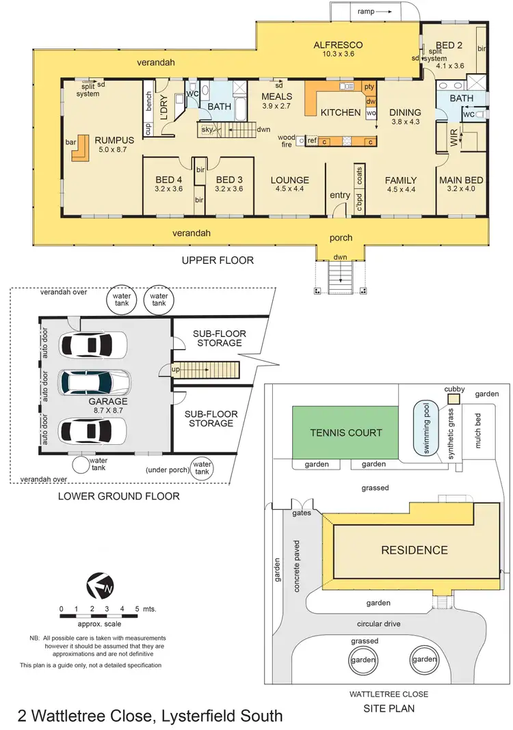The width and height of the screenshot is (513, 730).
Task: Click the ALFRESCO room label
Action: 338,45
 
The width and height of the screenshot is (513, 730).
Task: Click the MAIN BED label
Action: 461,180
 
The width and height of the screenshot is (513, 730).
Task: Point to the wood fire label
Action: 287,141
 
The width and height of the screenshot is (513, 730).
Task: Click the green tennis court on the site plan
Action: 345,432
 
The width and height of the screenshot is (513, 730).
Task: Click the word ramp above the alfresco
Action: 366,11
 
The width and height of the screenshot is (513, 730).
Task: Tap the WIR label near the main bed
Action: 453,139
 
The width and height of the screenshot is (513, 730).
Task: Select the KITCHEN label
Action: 340,112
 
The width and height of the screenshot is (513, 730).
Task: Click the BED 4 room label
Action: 169,180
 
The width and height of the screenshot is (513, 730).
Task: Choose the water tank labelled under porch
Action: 202,468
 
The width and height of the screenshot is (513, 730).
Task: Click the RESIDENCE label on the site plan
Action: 415,550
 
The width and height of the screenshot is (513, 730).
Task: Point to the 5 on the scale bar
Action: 136,608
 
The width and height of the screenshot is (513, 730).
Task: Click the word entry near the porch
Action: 340,195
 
